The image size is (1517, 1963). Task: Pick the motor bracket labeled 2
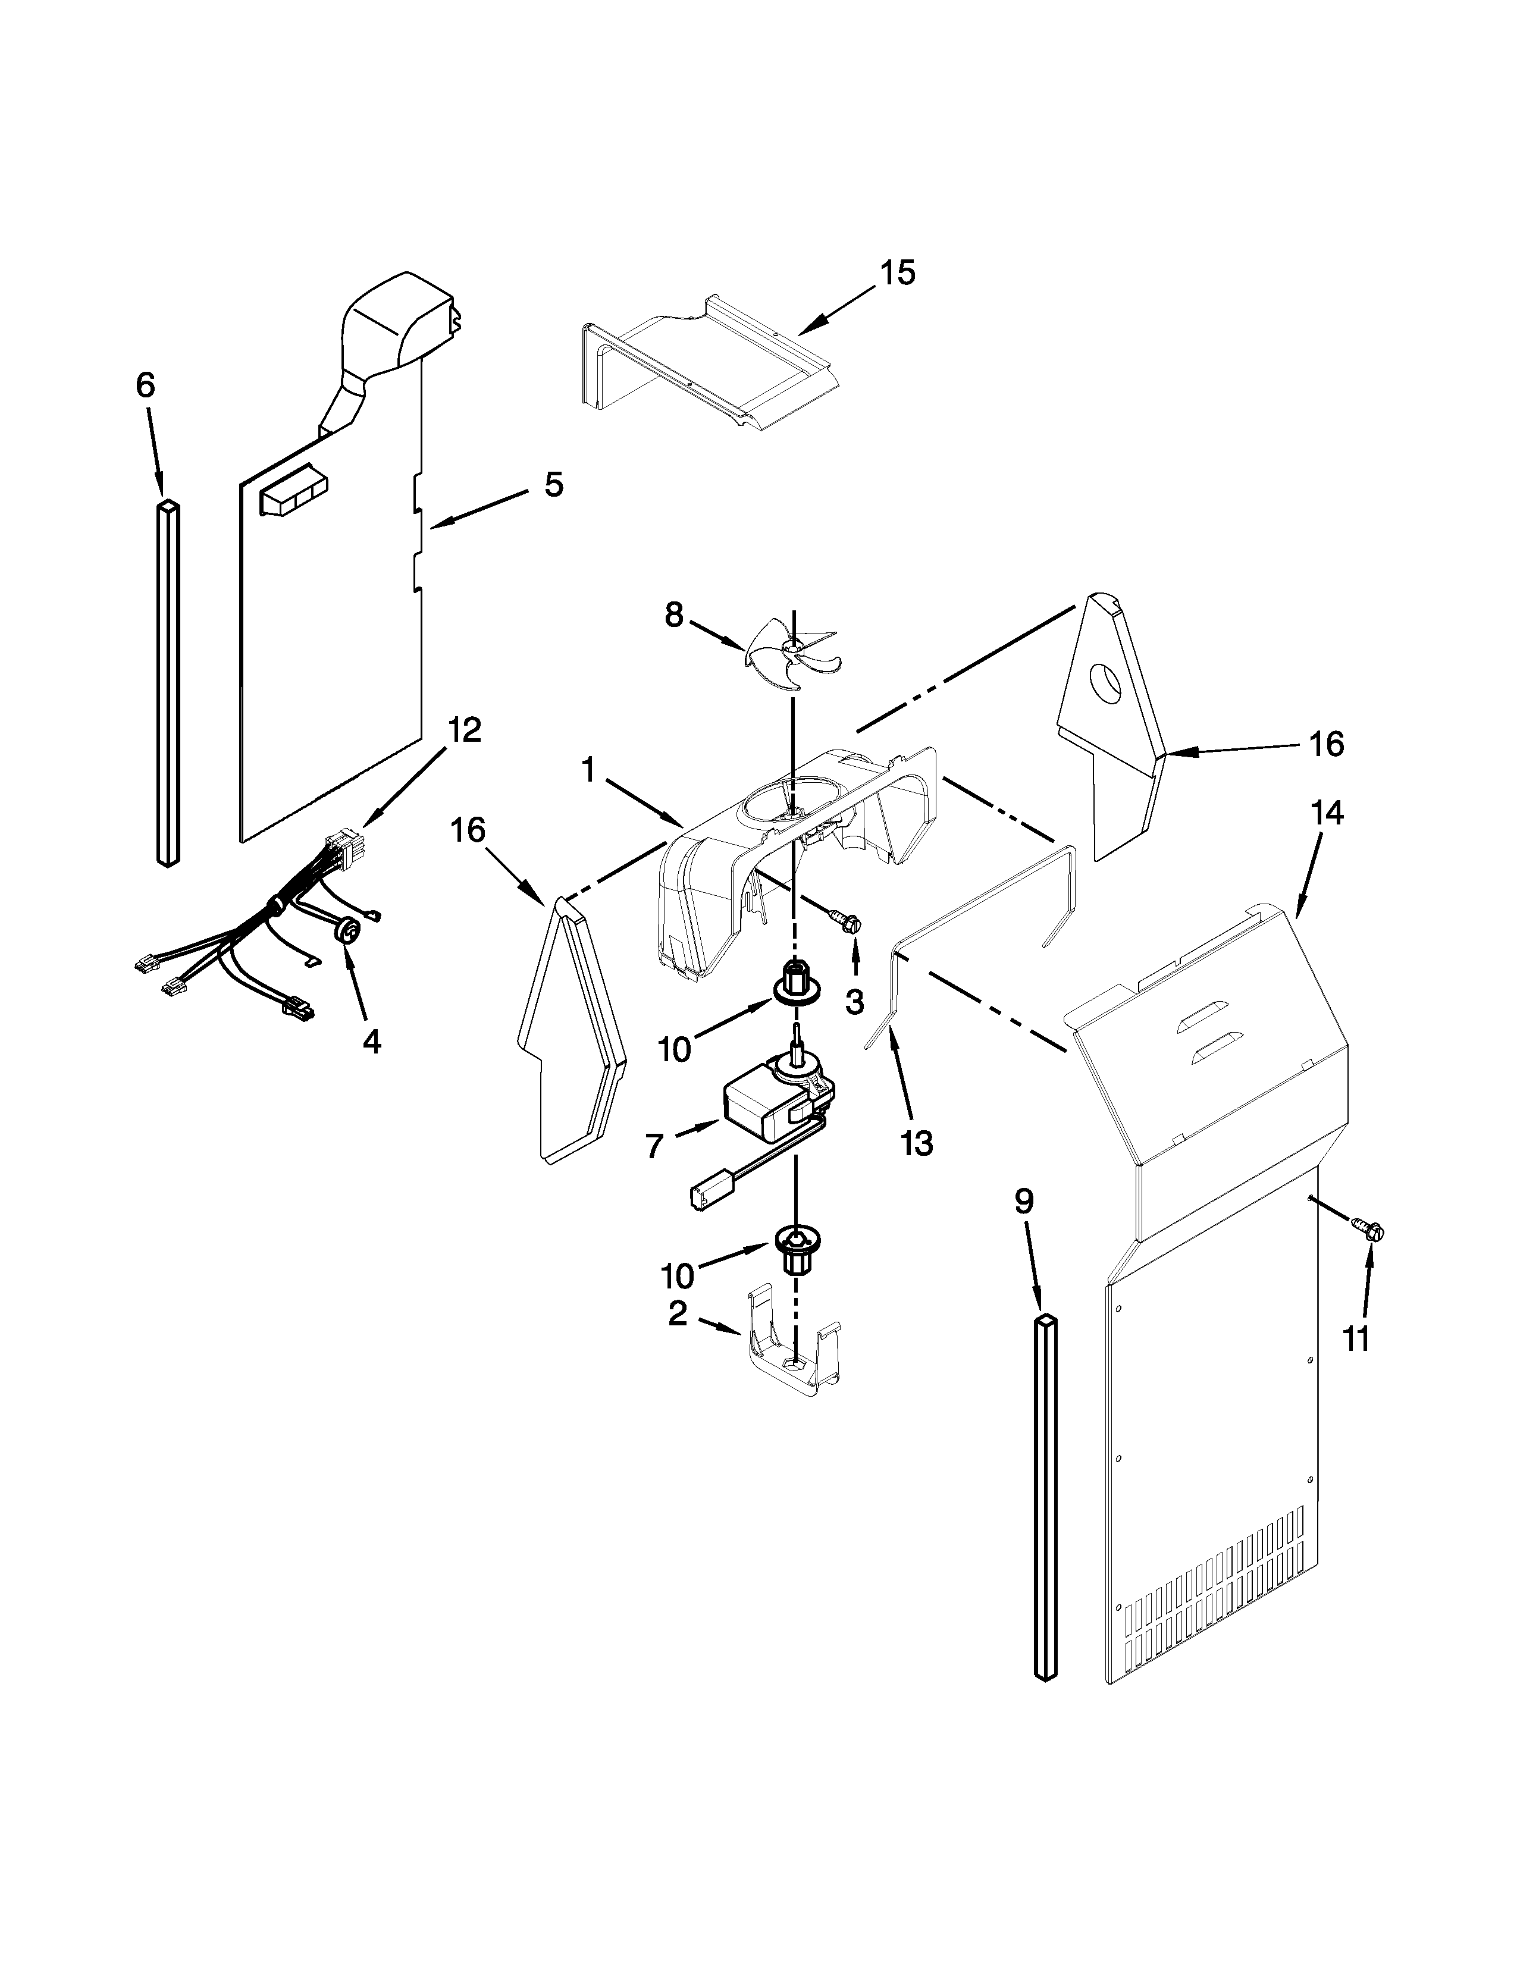click(791, 1366)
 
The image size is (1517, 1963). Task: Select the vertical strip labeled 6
click(168, 683)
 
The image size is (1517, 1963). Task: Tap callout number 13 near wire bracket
click(917, 1143)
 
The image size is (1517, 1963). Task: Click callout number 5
click(554, 484)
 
